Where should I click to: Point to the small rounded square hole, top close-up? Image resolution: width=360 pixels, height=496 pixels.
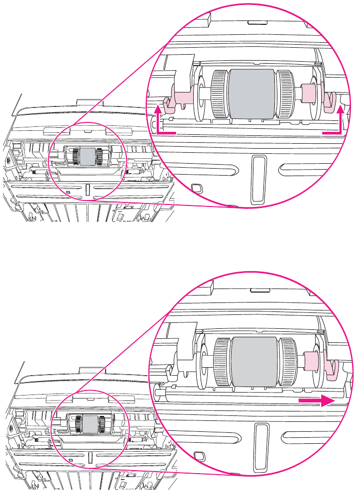196,190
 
